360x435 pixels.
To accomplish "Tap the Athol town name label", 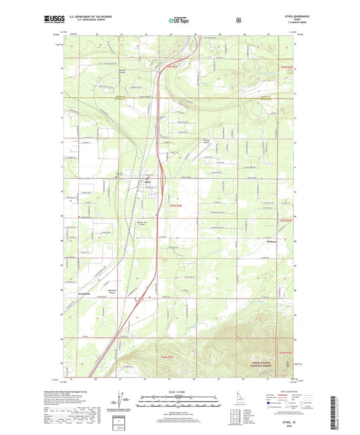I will coord(147,181).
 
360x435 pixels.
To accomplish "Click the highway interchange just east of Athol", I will coord(160,177).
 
